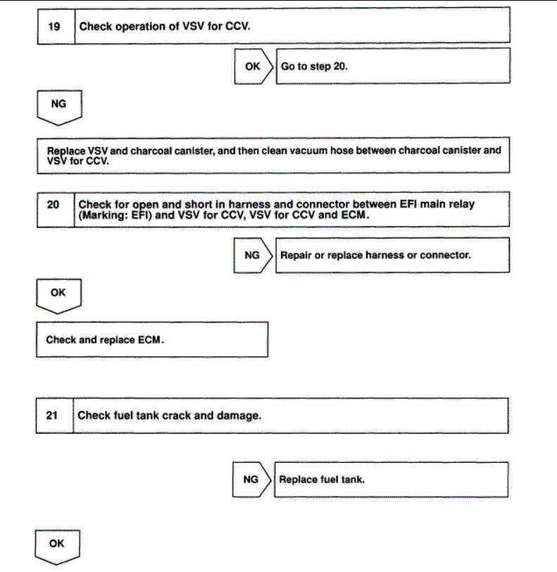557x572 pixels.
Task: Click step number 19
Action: click(x=54, y=27)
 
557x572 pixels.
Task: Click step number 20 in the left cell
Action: click(x=54, y=205)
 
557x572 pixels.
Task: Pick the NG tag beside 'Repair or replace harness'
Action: click(x=251, y=255)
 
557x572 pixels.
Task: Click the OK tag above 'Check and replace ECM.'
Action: click(x=58, y=291)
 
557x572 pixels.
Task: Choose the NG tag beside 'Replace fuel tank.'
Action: click(x=251, y=480)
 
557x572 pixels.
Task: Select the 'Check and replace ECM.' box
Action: click(x=151, y=339)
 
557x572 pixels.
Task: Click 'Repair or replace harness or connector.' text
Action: click(x=375, y=255)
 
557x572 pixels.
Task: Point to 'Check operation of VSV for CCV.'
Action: click(x=165, y=27)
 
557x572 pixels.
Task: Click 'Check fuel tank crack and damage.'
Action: click(x=169, y=415)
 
